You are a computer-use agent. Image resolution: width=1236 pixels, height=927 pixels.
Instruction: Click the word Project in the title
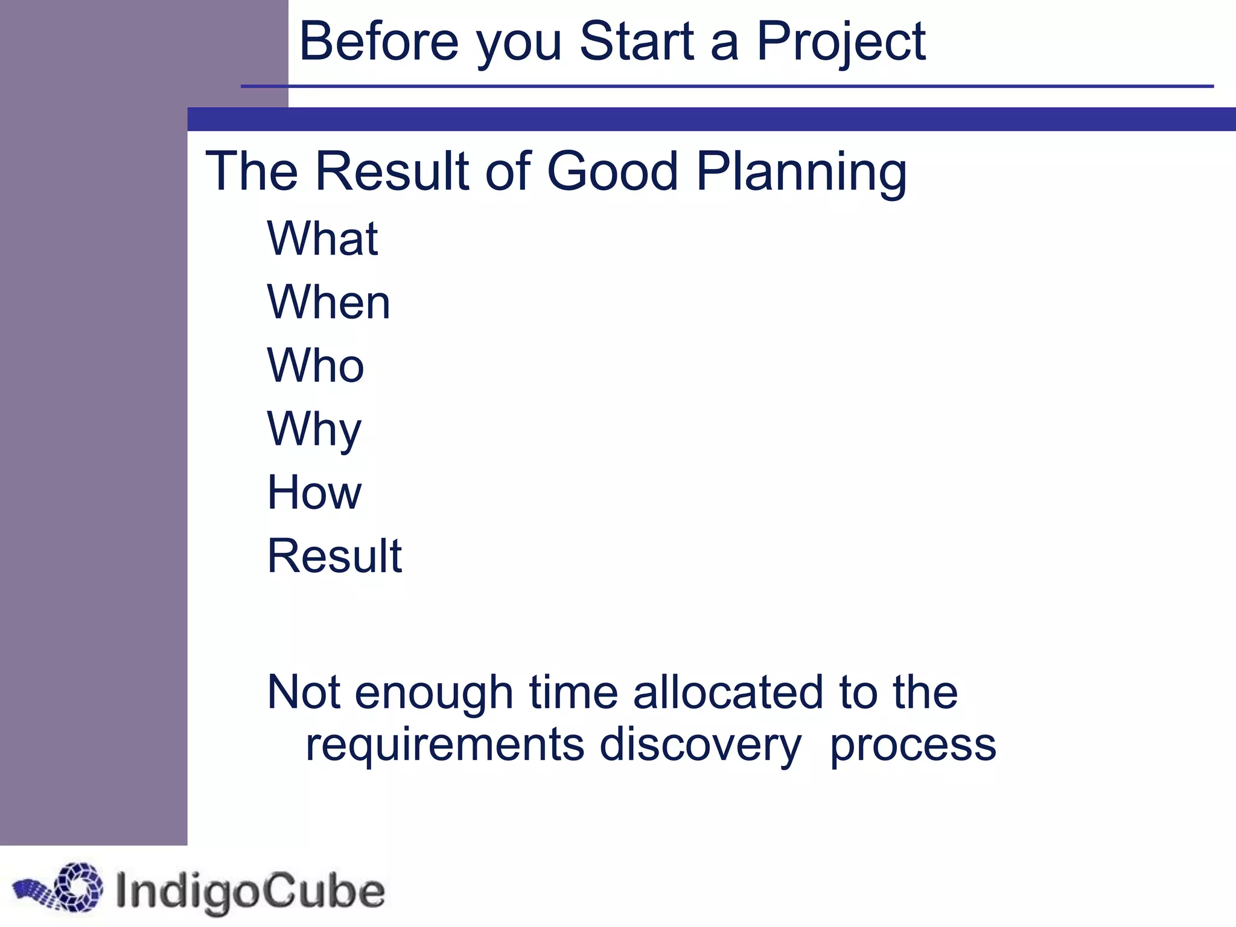coord(840,42)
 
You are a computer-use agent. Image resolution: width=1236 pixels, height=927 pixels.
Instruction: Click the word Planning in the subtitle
coord(801,172)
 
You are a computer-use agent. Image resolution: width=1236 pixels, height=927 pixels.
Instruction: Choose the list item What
coord(322,238)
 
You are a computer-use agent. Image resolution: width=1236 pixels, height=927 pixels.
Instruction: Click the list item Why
coord(314,430)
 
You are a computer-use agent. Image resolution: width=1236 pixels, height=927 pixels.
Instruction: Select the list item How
coord(314,492)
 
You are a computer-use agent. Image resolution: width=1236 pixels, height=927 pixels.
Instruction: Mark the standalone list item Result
coord(334,556)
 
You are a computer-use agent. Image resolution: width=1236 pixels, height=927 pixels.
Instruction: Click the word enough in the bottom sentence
coord(434,693)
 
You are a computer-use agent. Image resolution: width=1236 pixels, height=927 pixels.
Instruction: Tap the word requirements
coord(445,745)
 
